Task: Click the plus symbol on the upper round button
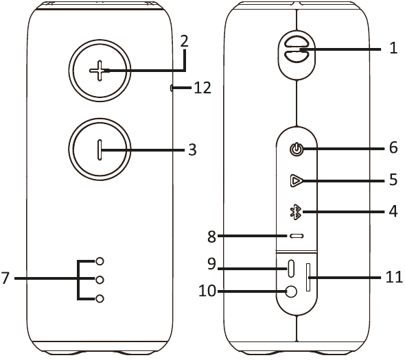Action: [100, 71]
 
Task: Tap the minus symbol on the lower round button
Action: [100, 149]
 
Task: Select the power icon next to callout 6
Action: [297, 149]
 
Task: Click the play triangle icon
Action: [297, 180]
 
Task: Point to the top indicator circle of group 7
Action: [100, 261]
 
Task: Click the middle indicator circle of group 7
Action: [100, 280]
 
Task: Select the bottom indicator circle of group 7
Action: [100, 298]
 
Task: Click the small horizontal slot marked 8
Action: [297, 236]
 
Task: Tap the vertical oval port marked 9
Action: [291, 268]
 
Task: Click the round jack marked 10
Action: [291, 292]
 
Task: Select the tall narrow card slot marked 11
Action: [308, 278]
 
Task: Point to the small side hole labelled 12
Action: [171, 88]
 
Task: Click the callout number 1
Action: [393, 48]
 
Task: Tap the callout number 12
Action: [202, 88]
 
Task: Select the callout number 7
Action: [5, 278]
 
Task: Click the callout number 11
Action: [394, 277]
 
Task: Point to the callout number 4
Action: [393, 212]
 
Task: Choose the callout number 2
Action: [184, 41]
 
